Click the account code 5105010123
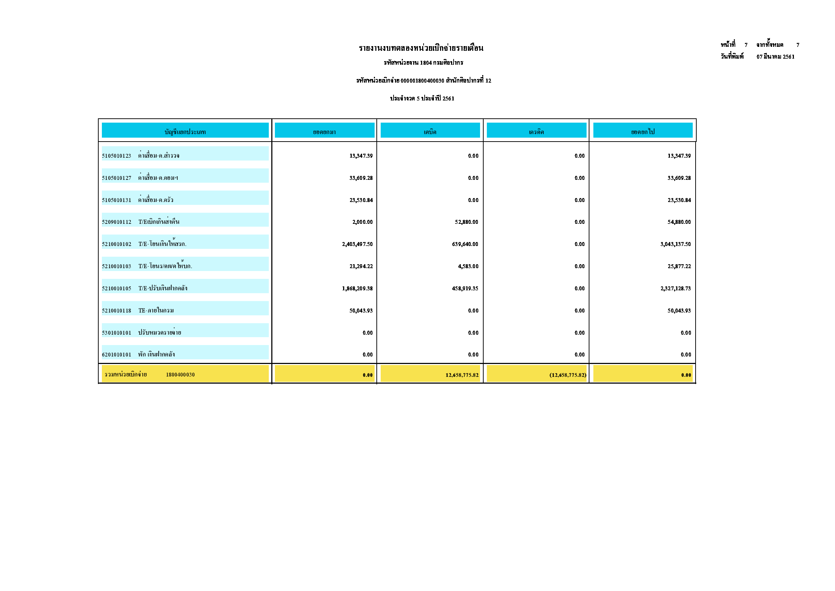tap(117, 156)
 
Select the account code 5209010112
tap(117, 222)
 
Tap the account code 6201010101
tap(117, 354)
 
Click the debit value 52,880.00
tap(466, 222)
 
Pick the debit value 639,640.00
tap(465, 244)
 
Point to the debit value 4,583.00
tap(468, 266)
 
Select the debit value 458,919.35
tap(465, 289)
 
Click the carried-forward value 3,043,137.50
tap(675, 244)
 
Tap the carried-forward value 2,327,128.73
tap(675, 289)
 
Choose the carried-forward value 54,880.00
tap(678, 222)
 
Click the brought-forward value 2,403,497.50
tap(357, 244)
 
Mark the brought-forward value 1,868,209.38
tap(357, 289)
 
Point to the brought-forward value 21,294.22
tap(361, 266)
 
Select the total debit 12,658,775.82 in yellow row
tap(462, 375)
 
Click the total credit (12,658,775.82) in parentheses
tap(568, 375)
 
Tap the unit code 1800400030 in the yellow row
tap(180, 374)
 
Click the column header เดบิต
tap(430, 132)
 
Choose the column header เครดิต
tap(536, 132)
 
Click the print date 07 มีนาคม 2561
tap(775, 57)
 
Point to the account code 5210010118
tap(117, 311)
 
